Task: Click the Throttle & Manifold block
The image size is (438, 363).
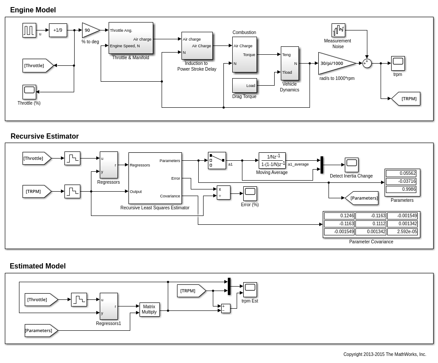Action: click(x=131, y=38)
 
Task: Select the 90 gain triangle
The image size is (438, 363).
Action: click(x=89, y=30)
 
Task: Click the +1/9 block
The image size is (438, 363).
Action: click(x=58, y=30)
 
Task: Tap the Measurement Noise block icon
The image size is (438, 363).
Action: click(x=338, y=30)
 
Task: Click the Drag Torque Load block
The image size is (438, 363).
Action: click(x=244, y=85)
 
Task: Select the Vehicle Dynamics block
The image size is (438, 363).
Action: click(x=290, y=63)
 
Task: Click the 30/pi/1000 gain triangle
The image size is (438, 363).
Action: click(x=335, y=63)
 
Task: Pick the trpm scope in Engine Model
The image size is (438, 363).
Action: click(x=398, y=63)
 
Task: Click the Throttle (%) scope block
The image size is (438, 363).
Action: click(x=29, y=92)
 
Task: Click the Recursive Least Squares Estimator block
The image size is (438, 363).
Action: click(x=155, y=178)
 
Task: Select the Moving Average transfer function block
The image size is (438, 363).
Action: click(x=272, y=160)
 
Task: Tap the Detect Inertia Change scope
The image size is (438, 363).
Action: click(x=351, y=165)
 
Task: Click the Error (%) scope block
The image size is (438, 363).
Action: click(x=250, y=193)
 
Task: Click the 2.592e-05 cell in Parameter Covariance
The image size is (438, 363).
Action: click(x=402, y=231)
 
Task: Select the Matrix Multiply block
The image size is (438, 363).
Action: click(x=149, y=309)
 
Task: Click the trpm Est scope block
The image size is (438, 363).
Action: click(x=250, y=289)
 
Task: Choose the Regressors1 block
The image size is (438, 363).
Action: click(x=109, y=306)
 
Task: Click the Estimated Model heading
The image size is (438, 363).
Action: click(x=38, y=266)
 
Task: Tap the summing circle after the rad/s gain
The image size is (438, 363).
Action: click(x=367, y=63)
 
